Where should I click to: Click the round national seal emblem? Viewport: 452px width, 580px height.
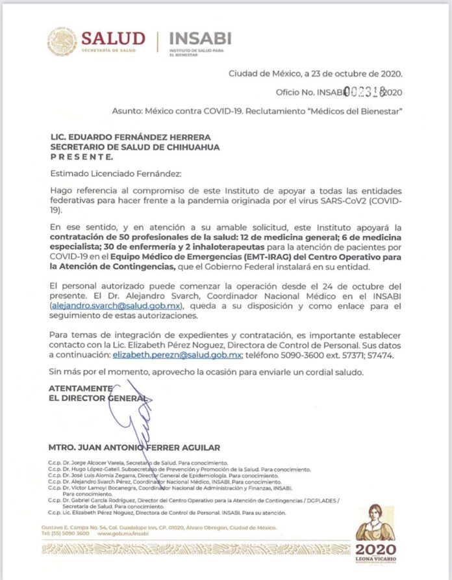pos(62,41)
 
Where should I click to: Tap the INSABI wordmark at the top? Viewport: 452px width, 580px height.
pos(199,38)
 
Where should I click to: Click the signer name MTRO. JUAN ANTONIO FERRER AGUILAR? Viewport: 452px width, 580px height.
pos(134,447)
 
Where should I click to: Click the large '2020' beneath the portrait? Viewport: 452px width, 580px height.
pos(375,550)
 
